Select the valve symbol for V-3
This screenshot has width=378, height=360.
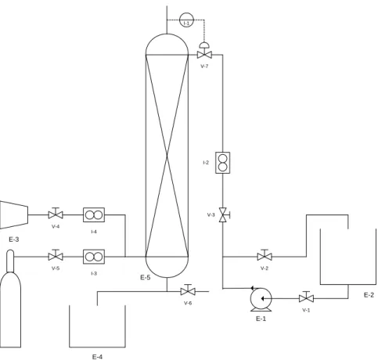(x=223, y=215)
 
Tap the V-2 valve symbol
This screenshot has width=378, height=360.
(x=265, y=256)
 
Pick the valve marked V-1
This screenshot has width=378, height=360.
(x=306, y=297)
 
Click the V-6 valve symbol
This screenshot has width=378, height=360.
(x=188, y=290)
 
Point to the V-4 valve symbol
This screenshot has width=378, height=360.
(x=56, y=214)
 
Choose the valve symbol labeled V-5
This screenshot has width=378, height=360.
(x=56, y=256)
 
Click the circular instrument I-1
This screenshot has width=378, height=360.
(x=186, y=20)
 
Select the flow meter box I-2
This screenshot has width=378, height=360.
(x=222, y=163)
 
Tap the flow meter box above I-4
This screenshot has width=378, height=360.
(x=94, y=215)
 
